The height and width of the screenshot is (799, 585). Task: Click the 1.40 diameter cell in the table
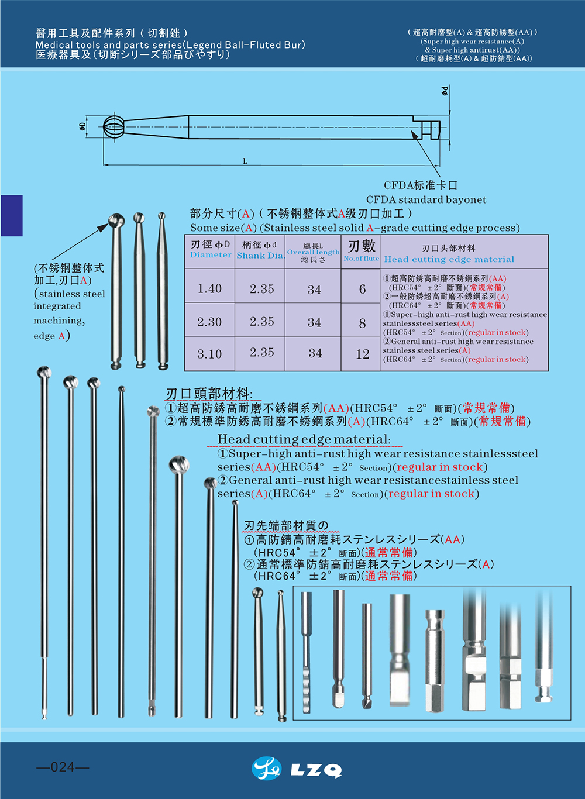(210, 288)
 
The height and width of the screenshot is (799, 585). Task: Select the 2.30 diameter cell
(210, 322)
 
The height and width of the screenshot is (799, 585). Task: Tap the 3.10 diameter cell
(210, 354)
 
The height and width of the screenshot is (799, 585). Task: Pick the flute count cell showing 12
(362, 354)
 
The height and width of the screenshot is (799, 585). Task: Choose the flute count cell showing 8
(362, 322)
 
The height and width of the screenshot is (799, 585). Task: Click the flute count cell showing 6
(362, 288)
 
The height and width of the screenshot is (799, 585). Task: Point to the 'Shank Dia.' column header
(260, 256)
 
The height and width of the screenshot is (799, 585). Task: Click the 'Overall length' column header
(313, 252)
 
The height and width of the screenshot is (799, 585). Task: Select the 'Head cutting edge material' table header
(449, 259)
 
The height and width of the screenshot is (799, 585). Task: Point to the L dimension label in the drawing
(245, 161)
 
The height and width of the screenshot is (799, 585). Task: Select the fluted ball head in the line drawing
(115, 126)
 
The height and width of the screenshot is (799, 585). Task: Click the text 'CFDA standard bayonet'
(426, 199)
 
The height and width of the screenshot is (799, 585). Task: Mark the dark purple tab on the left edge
(12, 215)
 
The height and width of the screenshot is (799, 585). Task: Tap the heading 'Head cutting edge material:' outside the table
(304, 439)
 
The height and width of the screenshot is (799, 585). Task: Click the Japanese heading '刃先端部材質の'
(285, 525)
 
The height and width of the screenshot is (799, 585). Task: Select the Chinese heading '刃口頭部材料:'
(209, 394)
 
